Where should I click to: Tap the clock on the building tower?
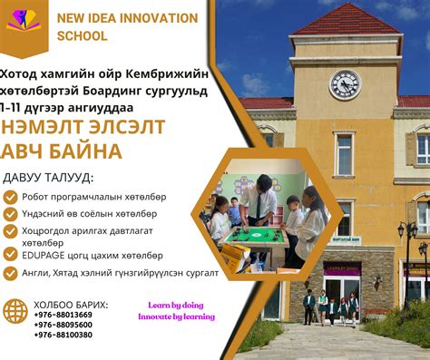(345, 84)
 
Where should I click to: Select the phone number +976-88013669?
(63, 314)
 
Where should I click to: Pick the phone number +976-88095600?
(63, 324)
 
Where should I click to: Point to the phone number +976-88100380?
(63, 335)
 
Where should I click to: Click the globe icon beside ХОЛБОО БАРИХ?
(15, 311)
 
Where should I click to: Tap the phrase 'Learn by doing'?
(176, 306)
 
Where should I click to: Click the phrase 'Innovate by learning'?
(176, 316)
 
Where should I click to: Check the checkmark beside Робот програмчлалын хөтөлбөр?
(10, 196)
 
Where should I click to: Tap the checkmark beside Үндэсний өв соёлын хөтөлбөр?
(10, 214)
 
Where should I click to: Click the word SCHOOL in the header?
(82, 36)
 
